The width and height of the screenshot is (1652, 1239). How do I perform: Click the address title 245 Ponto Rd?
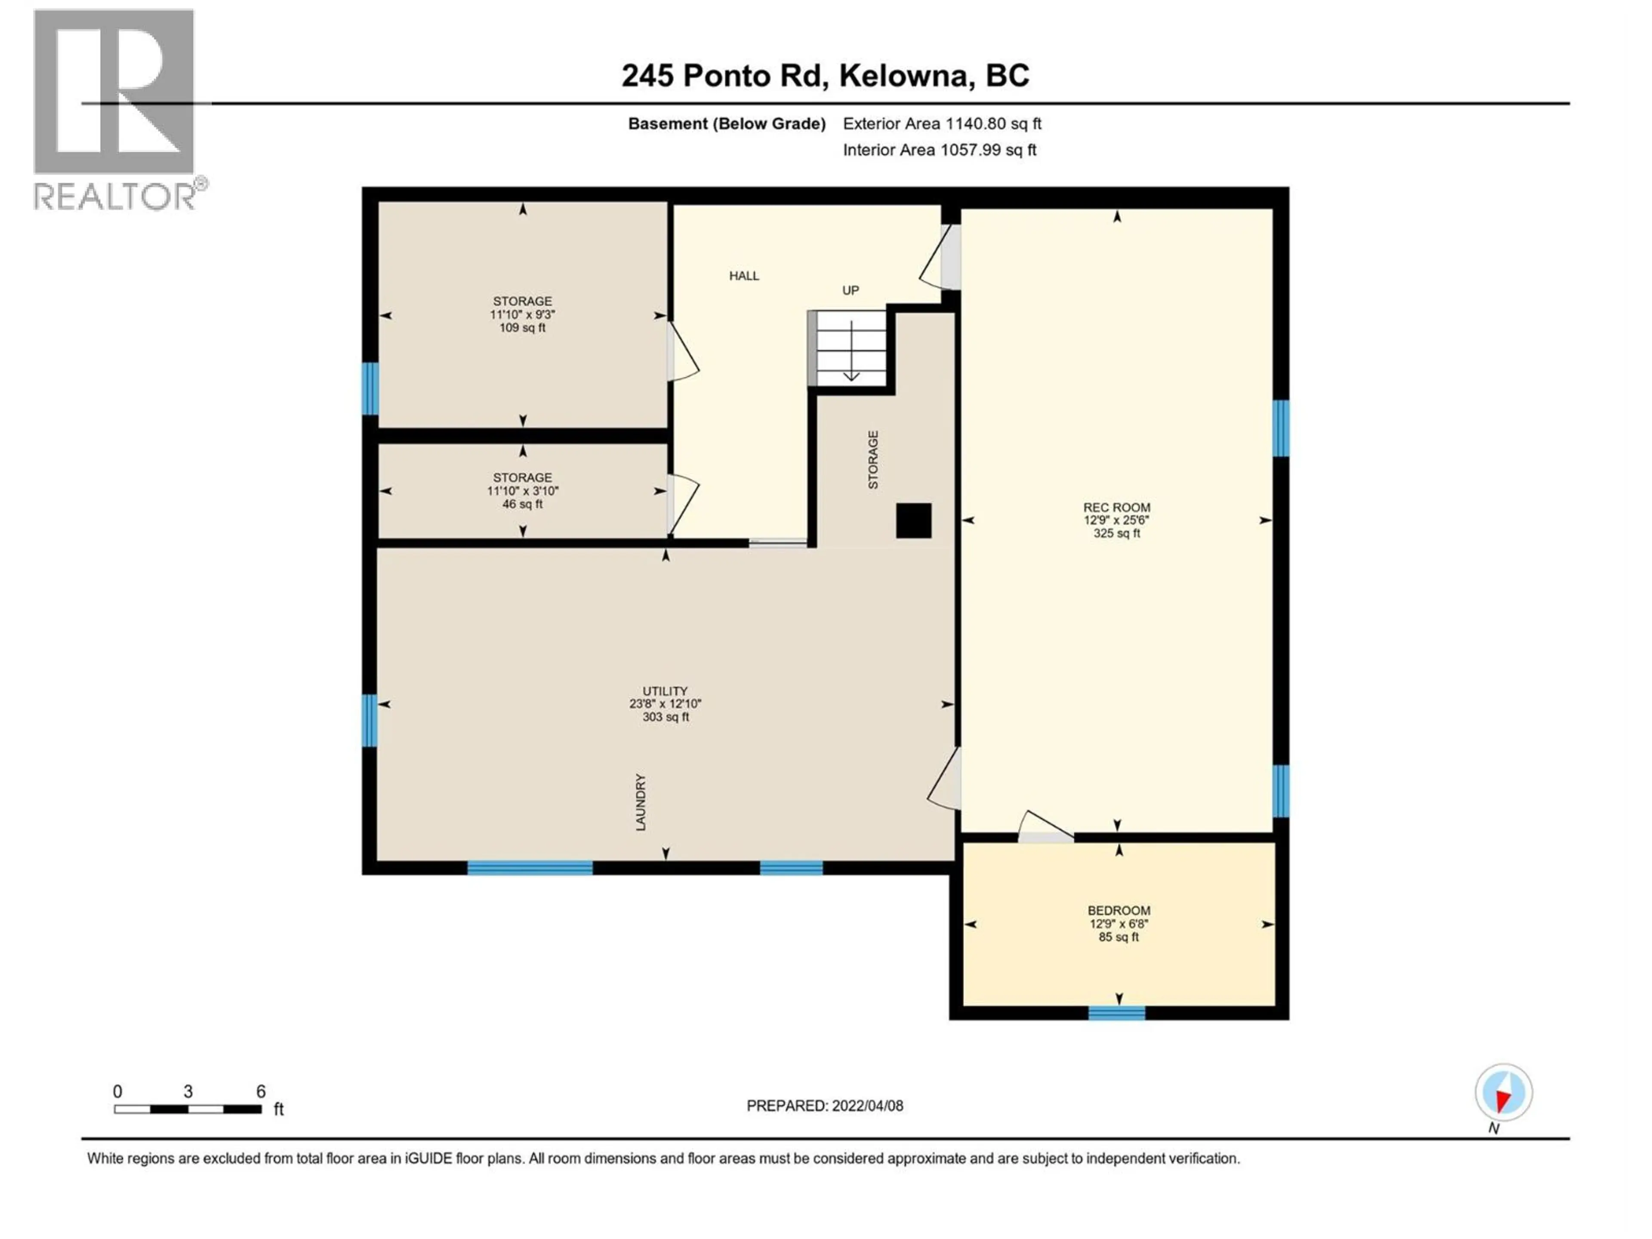[825, 75]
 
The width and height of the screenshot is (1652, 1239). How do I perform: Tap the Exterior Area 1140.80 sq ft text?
[942, 124]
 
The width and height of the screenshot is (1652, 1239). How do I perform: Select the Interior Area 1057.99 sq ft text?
[940, 150]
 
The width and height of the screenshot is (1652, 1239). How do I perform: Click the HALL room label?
[744, 276]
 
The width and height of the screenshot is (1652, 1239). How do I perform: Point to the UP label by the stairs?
[851, 290]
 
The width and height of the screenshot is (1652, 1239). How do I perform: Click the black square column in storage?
[913, 521]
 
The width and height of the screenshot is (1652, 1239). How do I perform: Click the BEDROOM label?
[1118, 910]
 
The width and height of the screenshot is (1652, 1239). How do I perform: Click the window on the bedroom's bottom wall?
[1116, 1014]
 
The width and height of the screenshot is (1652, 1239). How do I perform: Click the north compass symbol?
[1504, 1093]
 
